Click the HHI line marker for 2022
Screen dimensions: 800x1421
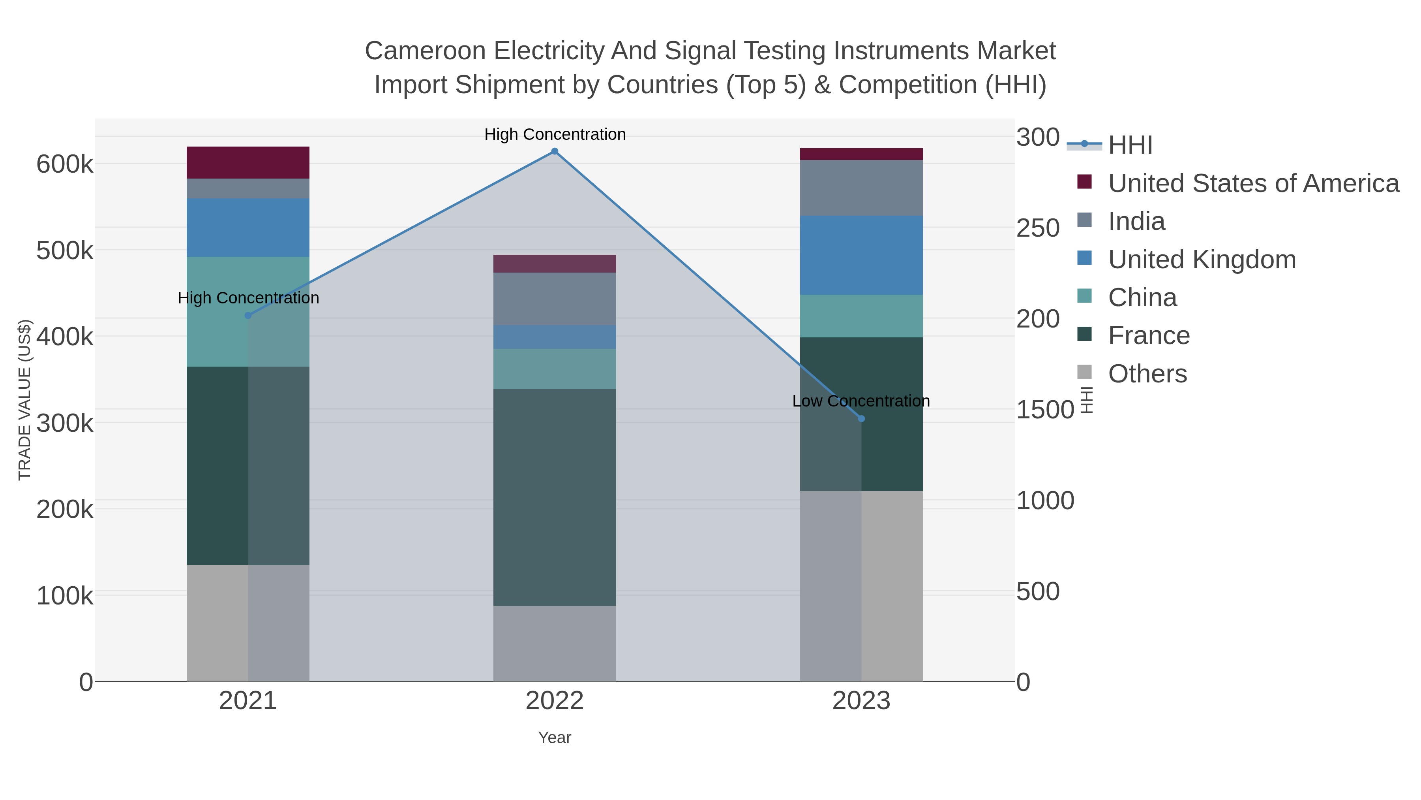(x=555, y=151)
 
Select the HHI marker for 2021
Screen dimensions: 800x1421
(x=247, y=315)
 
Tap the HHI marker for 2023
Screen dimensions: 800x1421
(x=861, y=418)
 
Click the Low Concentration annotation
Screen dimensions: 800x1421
(x=860, y=401)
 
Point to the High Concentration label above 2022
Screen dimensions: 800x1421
(x=555, y=134)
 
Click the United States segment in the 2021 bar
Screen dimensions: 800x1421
(x=247, y=162)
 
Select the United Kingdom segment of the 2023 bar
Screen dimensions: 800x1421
(x=861, y=255)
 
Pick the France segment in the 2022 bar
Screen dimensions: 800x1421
(x=555, y=497)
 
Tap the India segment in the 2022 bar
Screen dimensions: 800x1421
(x=555, y=299)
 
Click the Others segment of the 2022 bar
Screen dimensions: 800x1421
(x=555, y=643)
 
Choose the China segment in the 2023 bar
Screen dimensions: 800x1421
(x=861, y=316)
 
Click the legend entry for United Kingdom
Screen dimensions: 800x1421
(x=1202, y=260)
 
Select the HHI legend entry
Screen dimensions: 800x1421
(x=1130, y=145)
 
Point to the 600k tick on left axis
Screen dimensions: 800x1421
(x=64, y=164)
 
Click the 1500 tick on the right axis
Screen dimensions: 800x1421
(x=1045, y=410)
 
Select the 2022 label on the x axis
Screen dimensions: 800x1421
(x=555, y=701)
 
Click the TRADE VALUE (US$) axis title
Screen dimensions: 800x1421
(x=25, y=400)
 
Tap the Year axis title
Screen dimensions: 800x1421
(x=555, y=738)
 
